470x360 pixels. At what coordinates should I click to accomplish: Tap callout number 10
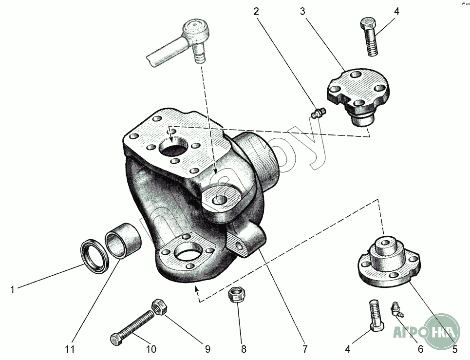point(151,349)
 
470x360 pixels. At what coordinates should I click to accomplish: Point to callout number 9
point(207,349)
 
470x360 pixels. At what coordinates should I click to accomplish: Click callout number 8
point(244,349)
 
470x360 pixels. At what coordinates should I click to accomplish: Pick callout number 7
point(305,349)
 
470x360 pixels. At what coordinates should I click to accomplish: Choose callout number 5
point(454,349)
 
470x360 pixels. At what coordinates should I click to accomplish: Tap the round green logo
point(441,332)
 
